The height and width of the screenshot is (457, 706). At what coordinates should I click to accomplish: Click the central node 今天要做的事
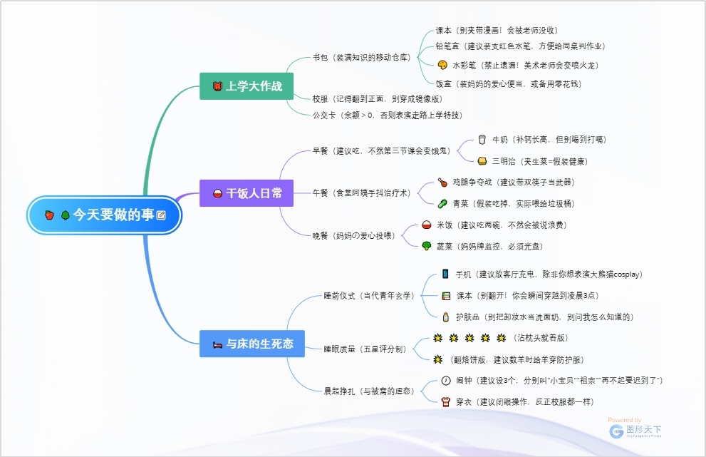coord(105,215)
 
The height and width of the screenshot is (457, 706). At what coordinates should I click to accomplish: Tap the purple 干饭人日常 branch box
coord(247,193)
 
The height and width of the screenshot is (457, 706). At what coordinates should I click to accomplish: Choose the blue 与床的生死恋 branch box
coord(252,344)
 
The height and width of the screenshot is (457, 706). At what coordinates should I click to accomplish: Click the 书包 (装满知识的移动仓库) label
coord(361,57)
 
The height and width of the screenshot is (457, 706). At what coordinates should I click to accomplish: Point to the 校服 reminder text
coord(377,99)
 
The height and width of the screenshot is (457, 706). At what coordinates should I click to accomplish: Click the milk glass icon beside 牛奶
coord(482,140)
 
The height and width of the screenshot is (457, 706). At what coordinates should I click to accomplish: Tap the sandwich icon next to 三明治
coord(482,161)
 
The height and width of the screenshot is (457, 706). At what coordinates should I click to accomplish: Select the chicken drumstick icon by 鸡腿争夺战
coord(442,183)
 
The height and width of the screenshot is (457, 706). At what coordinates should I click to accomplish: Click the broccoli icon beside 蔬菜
coord(426,246)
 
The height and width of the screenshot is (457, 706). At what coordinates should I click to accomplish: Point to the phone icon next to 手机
coord(445,274)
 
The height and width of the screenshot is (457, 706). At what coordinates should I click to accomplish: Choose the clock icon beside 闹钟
coord(446,380)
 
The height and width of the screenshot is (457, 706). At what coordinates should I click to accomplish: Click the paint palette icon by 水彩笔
coord(442,65)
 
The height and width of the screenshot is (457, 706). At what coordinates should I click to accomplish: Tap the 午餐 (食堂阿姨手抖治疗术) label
coord(360,192)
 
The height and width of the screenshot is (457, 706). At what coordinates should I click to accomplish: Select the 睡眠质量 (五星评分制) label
coord(364,349)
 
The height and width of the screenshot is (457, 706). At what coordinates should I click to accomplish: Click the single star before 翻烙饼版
coord(438,359)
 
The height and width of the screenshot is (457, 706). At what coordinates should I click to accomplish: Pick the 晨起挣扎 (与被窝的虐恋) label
coord(368,391)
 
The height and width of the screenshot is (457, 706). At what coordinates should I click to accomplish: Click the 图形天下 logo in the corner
coord(635,430)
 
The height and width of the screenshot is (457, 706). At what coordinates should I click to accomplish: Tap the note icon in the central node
coord(161,215)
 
